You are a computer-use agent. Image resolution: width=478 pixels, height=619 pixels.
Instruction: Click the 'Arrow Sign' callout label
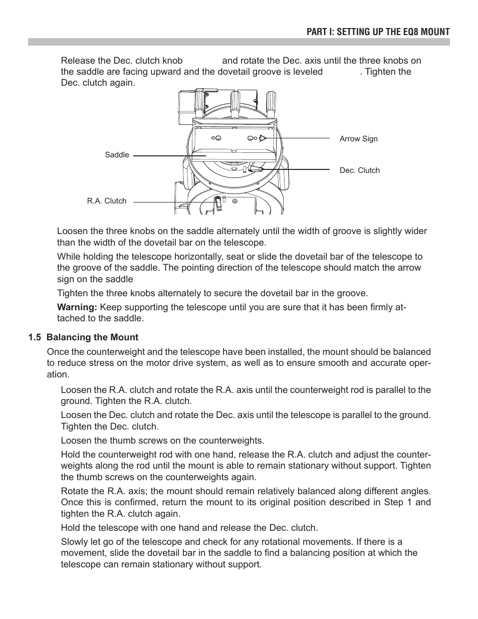pos(358,139)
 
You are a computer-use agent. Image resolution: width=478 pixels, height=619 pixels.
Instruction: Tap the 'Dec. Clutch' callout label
pos(359,170)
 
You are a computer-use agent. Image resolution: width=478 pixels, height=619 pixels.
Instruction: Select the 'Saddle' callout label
pos(117,155)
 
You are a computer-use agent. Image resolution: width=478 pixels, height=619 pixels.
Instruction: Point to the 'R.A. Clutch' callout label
pos(107,201)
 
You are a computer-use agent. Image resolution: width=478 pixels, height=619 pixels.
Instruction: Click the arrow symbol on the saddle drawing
pos(262,138)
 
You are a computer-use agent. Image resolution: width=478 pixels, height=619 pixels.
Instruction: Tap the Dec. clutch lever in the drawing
pos(255,169)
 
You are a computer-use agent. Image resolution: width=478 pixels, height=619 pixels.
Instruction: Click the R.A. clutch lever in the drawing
pos(219,202)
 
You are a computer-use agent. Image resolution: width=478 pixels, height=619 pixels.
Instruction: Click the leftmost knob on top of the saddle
pos(200,103)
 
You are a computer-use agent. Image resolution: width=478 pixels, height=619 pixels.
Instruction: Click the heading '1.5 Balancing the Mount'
pos(83,337)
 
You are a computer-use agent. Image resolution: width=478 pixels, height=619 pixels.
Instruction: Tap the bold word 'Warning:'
pos(77,307)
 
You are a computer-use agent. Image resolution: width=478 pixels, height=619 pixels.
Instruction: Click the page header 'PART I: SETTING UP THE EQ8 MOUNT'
pos(378,32)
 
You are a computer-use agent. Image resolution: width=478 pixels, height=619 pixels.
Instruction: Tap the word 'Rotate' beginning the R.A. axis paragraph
pos(75,491)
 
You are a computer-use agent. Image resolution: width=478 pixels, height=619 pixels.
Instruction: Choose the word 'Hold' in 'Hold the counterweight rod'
pos(71,455)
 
